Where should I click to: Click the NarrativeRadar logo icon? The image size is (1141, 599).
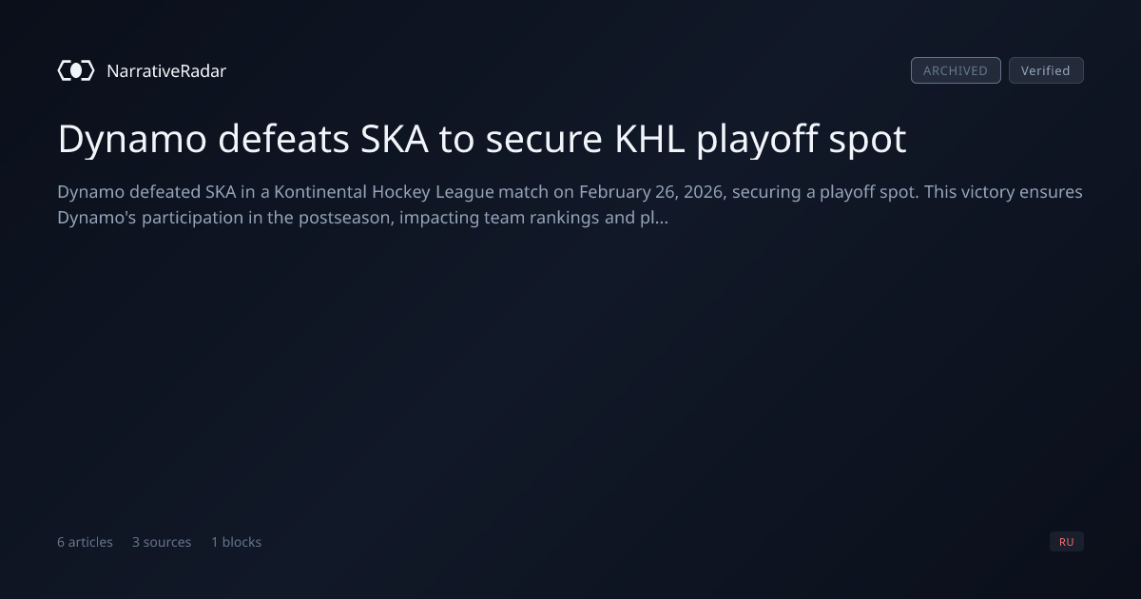tap(76, 70)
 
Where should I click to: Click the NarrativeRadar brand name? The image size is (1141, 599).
tap(166, 70)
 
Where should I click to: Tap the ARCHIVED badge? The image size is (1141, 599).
tap(956, 70)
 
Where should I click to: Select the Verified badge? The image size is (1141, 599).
tap(1046, 70)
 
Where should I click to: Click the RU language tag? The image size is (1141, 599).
tap(1066, 541)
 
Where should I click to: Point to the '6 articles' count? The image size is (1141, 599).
tap(85, 542)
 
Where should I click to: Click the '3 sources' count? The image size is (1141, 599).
tap(162, 542)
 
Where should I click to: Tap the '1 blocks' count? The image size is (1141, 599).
tap(237, 542)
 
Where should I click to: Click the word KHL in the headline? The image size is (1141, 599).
tap(649, 139)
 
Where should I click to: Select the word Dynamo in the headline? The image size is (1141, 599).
tap(132, 140)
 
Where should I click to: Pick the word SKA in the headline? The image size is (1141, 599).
tap(395, 139)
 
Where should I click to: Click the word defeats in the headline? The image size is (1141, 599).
tap(283, 139)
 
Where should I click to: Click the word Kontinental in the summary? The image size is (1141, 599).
tap(319, 192)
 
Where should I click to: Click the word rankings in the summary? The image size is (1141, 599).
tap(565, 219)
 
